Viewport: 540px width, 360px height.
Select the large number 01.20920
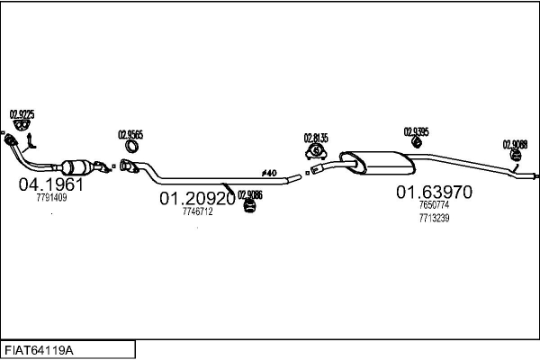click(197, 198)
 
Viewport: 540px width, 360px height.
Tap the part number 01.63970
click(433, 192)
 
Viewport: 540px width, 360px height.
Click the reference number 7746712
click(197, 211)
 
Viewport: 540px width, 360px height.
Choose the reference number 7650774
click(433, 205)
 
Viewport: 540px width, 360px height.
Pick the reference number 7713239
click(433, 218)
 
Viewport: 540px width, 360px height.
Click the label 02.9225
click(22, 114)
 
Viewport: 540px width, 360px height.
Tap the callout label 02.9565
click(130, 135)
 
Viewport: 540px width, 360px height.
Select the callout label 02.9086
click(250, 195)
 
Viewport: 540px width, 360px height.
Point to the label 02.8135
click(316, 138)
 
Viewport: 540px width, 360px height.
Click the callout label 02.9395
click(416, 131)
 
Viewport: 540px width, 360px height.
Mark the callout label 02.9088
click(515, 144)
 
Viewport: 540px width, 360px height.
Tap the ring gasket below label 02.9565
click(131, 148)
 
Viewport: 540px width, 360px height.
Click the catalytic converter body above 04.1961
click(77, 167)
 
